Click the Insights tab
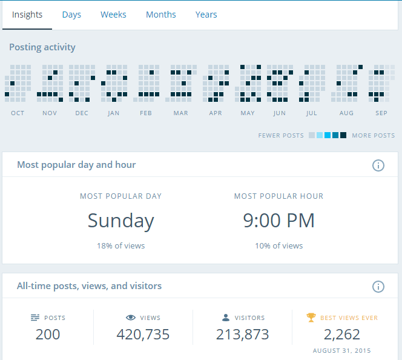coord(27,15)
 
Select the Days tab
coord(71,15)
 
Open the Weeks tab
coord(113,15)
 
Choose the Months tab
coord(161,15)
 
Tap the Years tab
coord(206,15)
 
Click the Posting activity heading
coord(42,47)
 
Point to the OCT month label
coord(18,113)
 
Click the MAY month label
coord(248,113)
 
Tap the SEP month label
coord(381,113)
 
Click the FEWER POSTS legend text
coord(281,136)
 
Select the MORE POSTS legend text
coord(373,136)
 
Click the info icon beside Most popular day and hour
coord(378,165)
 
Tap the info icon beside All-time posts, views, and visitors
coord(378,287)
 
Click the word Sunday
coord(120,221)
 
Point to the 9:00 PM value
coord(278,221)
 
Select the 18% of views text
coord(120,246)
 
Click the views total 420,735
coord(143,334)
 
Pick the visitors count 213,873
coord(242,334)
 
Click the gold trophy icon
coord(311,317)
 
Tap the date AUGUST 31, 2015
coord(341,351)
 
